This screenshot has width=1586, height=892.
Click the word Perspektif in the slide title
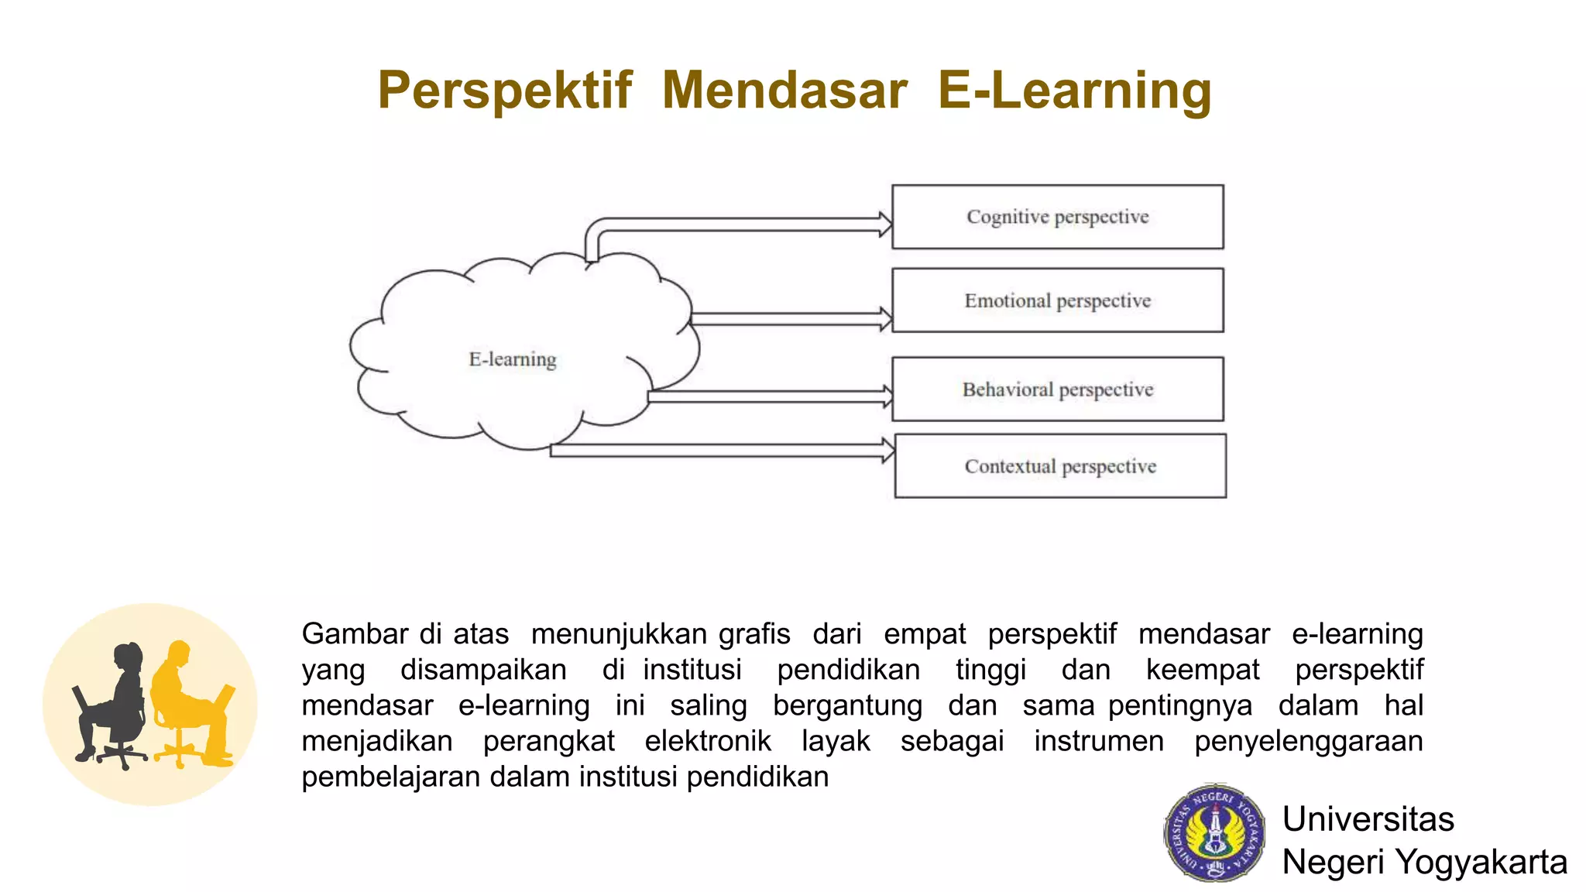(x=505, y=91)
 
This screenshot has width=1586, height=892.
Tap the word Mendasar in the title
(x=784, y=91)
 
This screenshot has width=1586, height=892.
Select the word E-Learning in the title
(x=1075, y=91)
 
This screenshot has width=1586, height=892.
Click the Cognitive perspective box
(x=1057, y=217)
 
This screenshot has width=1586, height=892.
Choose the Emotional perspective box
(x=1057, y=300)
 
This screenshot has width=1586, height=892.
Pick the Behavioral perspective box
(x=1057, y=389)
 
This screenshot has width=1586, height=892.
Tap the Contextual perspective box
(x=1059, y=466)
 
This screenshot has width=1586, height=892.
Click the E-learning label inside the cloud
(x=513, y=359)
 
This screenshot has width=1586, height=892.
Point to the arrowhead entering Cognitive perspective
(x=885, y=225)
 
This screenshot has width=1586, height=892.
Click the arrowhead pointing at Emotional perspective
(x=886, y=318)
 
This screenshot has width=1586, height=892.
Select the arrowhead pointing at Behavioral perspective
(x=886, y=396)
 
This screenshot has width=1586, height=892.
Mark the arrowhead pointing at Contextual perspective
(x=888, y=450)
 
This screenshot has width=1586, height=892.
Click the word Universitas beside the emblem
(x=1368, y=819)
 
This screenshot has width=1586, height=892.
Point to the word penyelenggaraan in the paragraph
(x=1308, y=741)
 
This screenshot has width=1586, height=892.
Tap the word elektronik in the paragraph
(x=708, y=741)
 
